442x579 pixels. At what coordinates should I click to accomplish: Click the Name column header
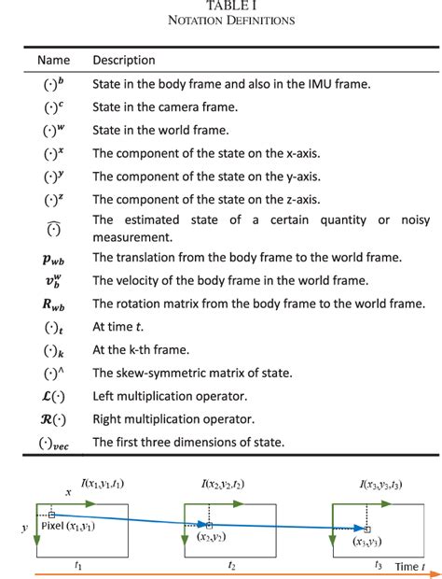tap(53, 61)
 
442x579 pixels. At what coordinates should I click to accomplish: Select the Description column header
tap(124, 61)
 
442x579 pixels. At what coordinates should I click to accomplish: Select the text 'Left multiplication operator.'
tap(173, 395)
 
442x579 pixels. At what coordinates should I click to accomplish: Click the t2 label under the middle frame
tap(231, 566)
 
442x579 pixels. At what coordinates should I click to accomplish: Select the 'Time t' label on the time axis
tap(407, 566)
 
